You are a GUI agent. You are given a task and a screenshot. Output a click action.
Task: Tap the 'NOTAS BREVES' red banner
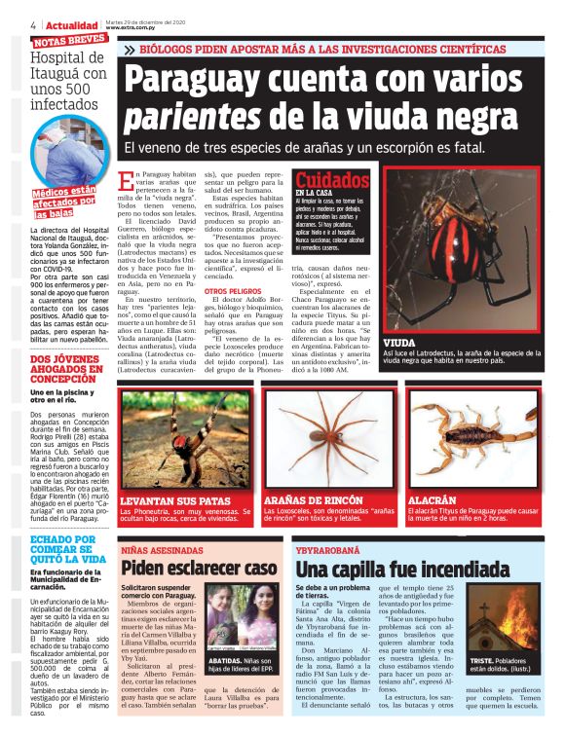coord(69,41)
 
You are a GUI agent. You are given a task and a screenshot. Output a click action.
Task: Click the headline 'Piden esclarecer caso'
coord(200,568)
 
